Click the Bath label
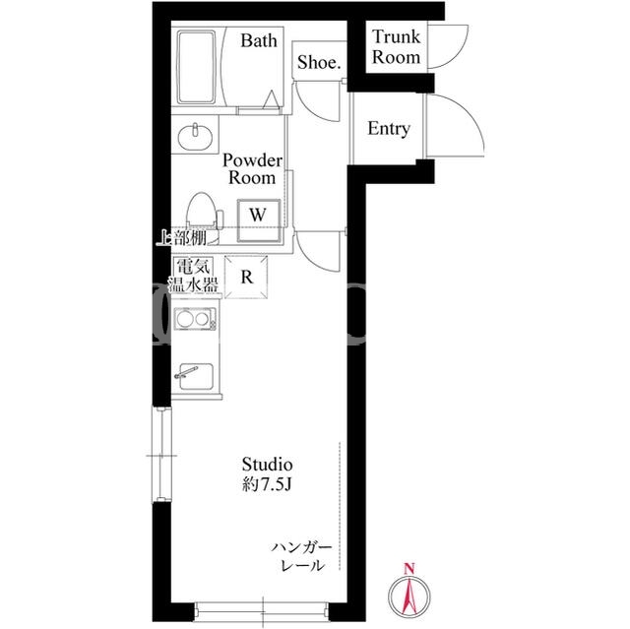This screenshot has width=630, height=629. [259, 40]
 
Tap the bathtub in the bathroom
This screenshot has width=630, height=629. [197, 67]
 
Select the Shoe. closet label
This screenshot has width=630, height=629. [319, 62]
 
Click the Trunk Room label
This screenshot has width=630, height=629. [396, 47]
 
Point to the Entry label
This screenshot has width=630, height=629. [389, 129]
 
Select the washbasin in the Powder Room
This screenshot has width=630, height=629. [195, 137]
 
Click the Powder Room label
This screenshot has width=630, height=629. [252, 169]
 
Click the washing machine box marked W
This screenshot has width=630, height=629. [258, 220]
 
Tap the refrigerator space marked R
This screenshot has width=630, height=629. [246, 278]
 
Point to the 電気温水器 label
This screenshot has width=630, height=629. [193, 276]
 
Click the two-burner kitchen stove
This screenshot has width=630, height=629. [195, 319]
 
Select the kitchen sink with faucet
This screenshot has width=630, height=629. [196, 376]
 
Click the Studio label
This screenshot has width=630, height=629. [267, 465]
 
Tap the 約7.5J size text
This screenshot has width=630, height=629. [267, 485]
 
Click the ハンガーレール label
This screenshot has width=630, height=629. [302, 556]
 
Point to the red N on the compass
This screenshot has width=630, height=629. [409, 568]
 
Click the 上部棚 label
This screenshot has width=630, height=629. [181, 238]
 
